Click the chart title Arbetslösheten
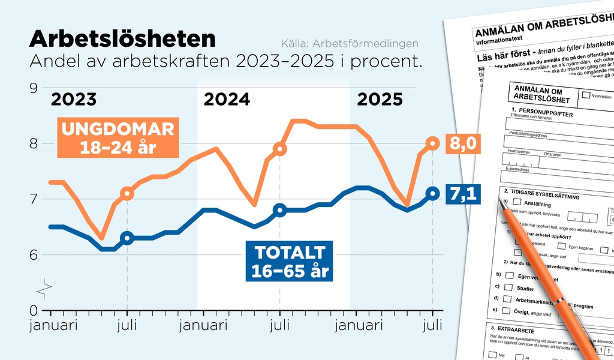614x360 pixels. pos(122,39)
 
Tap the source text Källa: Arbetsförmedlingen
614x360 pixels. pos(350,44)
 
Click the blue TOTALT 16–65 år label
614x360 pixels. pos(288,262)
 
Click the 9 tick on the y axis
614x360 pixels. pos(34,88)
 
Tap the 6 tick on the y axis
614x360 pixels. pos(34,255)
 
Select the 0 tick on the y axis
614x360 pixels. pos(34,310)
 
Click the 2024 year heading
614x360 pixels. pos(227,99)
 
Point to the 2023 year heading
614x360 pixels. pos(73,99)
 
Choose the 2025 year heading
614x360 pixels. pos(380,99)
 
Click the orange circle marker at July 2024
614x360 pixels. pos(279,149)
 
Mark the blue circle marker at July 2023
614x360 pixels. pos(127,238)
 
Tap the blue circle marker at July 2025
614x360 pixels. pos(433,193)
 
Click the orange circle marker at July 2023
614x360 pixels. pos(127,193)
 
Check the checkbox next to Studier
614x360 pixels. pos(509,289)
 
